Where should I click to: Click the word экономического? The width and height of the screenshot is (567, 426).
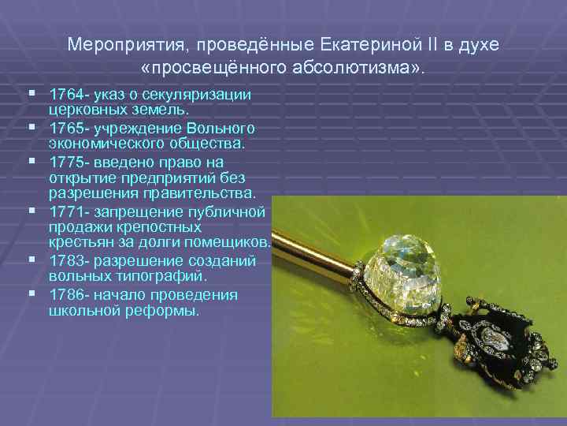pos(99,144)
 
